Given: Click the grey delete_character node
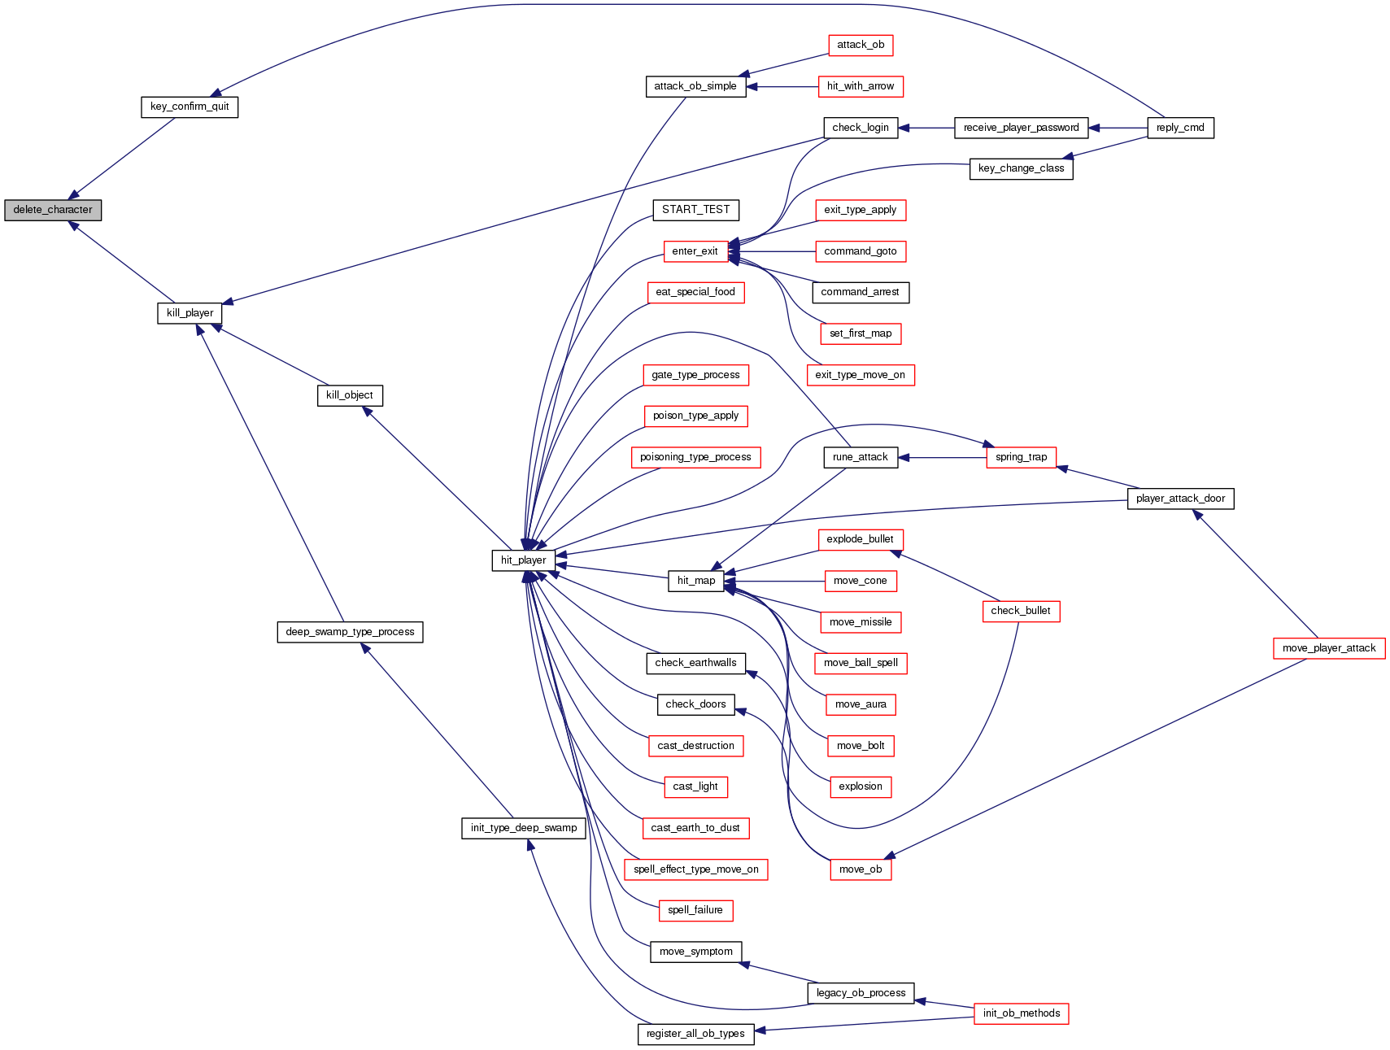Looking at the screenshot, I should (53, 210).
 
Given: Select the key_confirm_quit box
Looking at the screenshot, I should (190, 107).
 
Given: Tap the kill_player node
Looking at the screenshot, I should (190, 313).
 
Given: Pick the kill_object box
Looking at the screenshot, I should (349, 395).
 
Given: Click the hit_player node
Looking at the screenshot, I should (523, 560).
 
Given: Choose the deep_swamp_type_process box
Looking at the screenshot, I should (350, 632).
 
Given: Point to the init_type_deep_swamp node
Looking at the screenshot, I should (523, 828).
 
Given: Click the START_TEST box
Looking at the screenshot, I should (695, 210).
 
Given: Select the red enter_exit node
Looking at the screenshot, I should (695, 251).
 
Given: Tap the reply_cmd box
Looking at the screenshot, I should (1179, 128).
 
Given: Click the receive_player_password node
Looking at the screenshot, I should (1021, 128).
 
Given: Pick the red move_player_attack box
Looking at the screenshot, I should (1328, 648).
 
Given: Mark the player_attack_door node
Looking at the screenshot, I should (1179, 499).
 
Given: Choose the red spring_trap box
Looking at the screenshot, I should (1021, 457).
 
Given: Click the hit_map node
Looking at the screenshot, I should (695, 581).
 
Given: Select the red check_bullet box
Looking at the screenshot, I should (1020, 611).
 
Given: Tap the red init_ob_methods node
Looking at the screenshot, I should (1021, 1013).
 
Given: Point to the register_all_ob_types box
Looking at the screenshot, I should (695, 1034).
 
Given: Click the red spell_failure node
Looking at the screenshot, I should (695, 910).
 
